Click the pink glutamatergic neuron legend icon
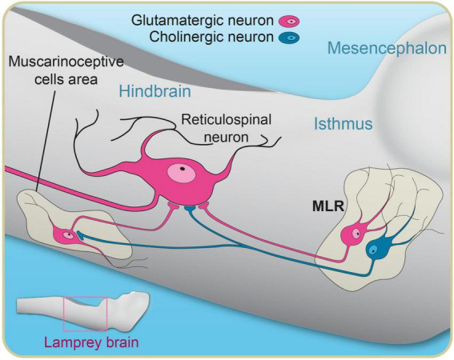point(289,22)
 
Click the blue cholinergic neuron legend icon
point(289,38)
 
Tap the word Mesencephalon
point(387,49)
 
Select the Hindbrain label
point(155,91)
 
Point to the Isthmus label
point(344,123)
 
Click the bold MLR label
point(328,206)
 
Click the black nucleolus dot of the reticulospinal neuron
point(182,168)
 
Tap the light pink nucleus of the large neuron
point(181,173)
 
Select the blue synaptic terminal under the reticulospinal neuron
point(191,208)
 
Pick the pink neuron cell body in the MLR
point(352,234)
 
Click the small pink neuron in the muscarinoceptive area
point(66,235)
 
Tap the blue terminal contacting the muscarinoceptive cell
point(80,235)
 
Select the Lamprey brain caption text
point(91,343)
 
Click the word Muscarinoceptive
point(66,62)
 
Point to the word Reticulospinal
point(226,120)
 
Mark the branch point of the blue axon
point(243,246)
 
